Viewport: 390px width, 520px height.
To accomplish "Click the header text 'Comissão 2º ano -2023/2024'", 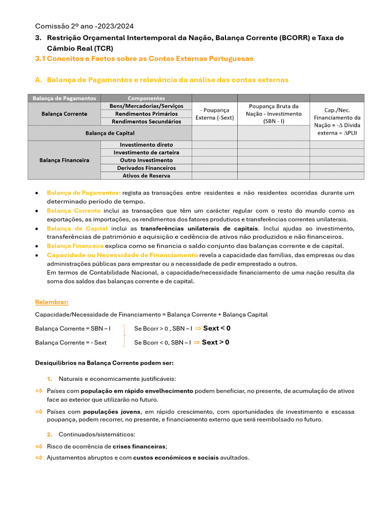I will (84, 26).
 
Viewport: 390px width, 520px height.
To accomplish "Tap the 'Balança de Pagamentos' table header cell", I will (64, 98).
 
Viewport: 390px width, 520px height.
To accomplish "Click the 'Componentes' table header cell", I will (146, 98).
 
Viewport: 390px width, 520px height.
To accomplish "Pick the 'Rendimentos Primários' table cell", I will (146, 114).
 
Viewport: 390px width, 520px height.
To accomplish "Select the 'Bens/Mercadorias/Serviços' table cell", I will (146, 106).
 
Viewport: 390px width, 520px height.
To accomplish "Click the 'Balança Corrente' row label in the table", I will (64, 114).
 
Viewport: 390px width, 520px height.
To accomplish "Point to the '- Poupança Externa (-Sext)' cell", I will (214, 114).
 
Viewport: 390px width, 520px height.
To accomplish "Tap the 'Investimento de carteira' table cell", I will (146, 152).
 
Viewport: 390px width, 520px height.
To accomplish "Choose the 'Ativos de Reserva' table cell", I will (146, 176).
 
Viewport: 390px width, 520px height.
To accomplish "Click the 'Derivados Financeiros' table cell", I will (146, 168).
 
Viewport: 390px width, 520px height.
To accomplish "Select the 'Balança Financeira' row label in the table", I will (64, 160).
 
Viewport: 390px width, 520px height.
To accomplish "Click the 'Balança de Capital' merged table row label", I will (110, 133).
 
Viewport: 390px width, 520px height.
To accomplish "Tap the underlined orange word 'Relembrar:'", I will (51, 302).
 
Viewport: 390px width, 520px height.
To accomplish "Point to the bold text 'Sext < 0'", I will (216, 328).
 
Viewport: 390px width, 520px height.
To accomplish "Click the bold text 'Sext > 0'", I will (215, 342).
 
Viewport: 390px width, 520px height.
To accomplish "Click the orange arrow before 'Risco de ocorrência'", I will (39, 446).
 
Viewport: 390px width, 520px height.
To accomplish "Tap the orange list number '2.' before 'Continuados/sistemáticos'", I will (50, 435).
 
